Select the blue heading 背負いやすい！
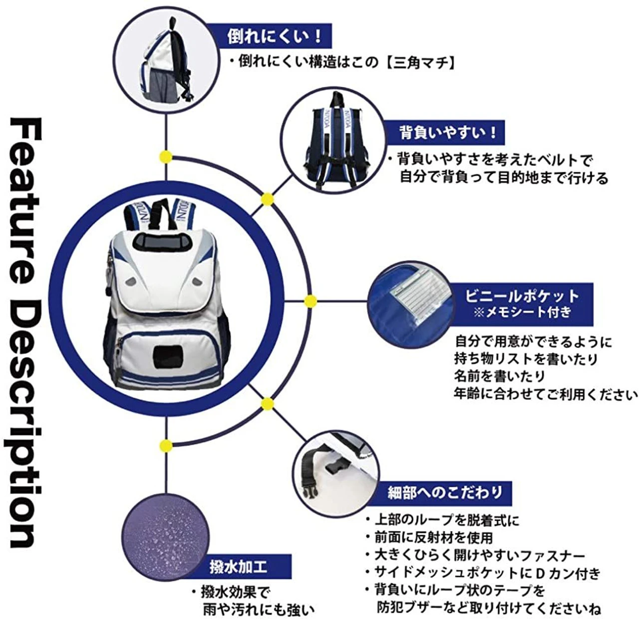tap(448, 133)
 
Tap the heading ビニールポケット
tap(522, 297)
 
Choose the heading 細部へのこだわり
tap(445, 493)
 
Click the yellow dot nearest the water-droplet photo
tap(166, 446)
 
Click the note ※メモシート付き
tap(522, 312)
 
